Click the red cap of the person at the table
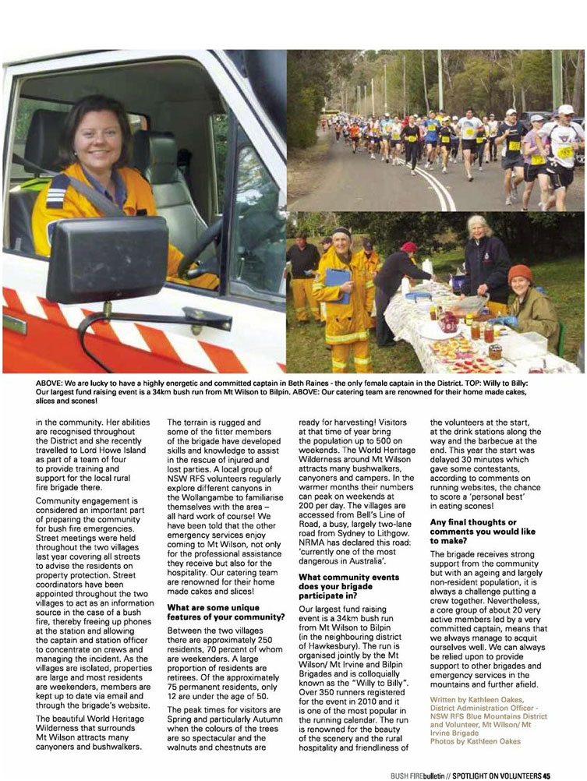pos(409,247)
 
